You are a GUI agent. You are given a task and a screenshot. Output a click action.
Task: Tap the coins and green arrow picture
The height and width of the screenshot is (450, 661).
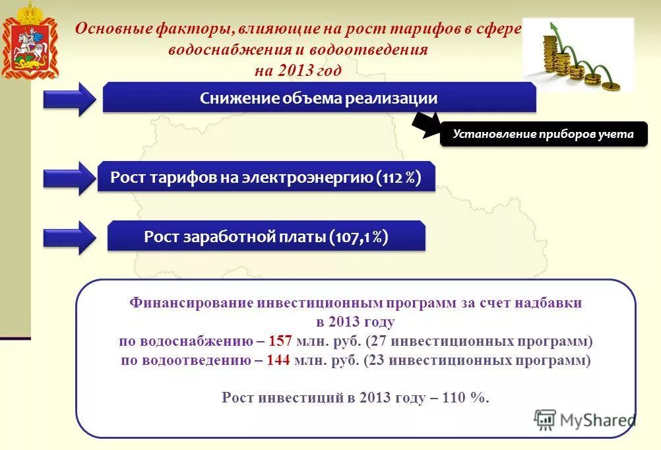pyautogui.click(x=578, y=55)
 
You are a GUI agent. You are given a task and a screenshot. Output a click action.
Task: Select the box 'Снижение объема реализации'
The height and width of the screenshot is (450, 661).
pyautogui.click(x=319, y=98)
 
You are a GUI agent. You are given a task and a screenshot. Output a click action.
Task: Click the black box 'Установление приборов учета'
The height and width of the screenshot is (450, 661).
pyautogui.click(x=543, y=134)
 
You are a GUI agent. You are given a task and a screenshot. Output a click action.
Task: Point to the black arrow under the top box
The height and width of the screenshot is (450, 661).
pyautogui.click(x=427, y=123)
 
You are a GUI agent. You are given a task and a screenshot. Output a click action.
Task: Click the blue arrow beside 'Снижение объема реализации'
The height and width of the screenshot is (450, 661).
pyautogui.click(x=70, y=99)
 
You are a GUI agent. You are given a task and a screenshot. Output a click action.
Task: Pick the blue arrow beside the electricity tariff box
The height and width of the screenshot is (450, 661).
pyautogui.click(x=70, y=178)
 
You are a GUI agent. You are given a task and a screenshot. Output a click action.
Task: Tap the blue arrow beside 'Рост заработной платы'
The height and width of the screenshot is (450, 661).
pyautogui.click(x=70, y=238)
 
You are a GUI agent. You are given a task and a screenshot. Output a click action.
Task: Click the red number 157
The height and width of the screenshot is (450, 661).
pyautogui.click(x=280, y=341)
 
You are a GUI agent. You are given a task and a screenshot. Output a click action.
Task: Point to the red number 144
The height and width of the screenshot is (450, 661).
pyautogui.click(x=279, y=360)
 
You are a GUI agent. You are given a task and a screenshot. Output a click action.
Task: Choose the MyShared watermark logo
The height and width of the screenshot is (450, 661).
pyautogui.click(x=584, y=420)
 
